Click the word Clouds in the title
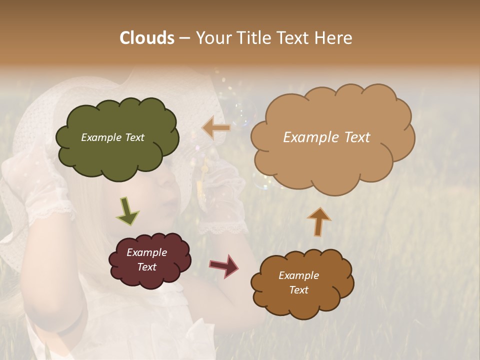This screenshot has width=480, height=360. (147, 38)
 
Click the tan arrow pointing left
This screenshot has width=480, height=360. (216, 128)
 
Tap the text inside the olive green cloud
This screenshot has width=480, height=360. (112, 137)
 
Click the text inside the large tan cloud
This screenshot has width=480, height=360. (326, 137)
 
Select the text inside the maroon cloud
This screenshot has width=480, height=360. (147, 259)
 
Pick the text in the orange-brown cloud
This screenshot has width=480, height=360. (298, 282)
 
